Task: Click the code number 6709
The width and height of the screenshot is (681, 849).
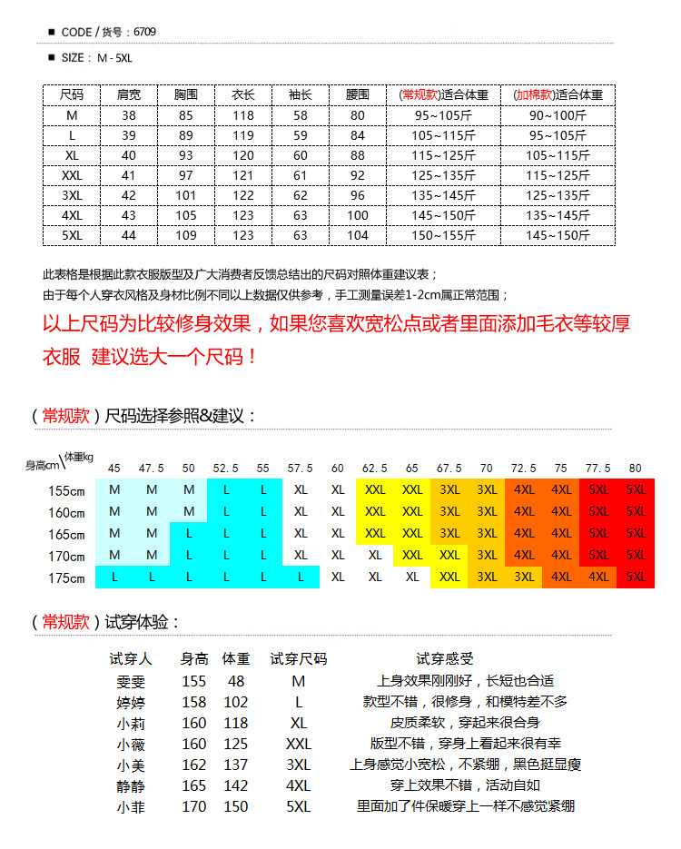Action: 144,32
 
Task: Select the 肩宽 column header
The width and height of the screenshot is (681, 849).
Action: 129,94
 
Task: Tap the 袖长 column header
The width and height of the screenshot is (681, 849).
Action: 301,94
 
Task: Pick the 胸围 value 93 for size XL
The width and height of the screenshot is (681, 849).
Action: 186,155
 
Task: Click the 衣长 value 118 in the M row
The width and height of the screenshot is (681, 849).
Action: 243,115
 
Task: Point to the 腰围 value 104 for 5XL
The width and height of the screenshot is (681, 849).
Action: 358,235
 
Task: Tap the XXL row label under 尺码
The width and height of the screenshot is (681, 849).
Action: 72,175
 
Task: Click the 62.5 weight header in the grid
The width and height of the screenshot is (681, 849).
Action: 375,469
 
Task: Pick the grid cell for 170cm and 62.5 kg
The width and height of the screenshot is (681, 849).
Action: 375,555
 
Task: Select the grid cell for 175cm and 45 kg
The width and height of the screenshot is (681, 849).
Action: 114,578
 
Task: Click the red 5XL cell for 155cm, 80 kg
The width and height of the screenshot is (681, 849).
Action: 636,489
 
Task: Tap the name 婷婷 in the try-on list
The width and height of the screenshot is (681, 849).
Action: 131,702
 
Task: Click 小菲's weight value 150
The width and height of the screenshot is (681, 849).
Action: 236,806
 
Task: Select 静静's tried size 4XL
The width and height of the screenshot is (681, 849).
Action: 298,785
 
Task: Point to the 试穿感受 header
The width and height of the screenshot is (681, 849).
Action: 445,659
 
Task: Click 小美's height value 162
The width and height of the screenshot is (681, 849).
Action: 194,765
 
